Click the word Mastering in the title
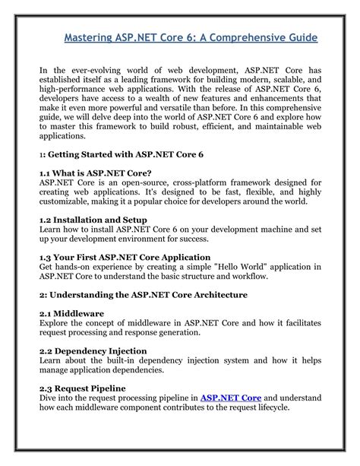(88, 37)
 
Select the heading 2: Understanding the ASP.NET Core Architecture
(144, 293)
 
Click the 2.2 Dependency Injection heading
(93, 350)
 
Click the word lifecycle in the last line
(276, 408)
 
